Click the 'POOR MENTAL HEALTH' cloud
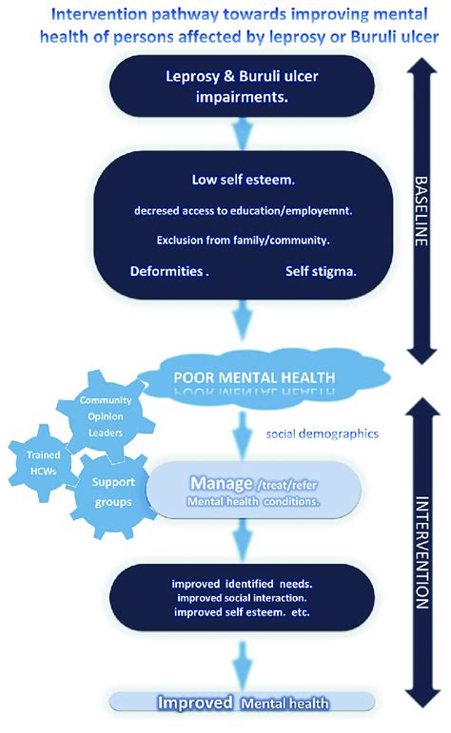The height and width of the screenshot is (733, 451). click(255, 377)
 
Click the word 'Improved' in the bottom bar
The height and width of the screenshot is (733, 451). click(197, 704)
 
